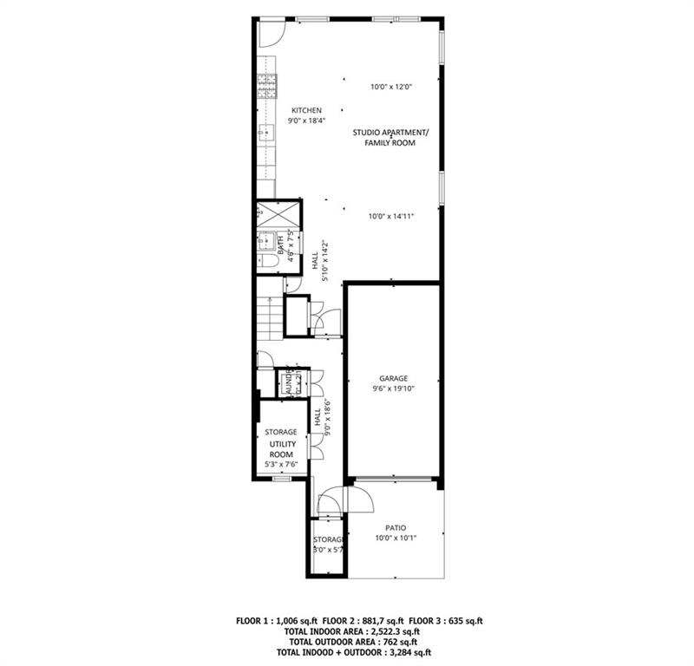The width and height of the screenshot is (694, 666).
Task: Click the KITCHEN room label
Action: [306, 110]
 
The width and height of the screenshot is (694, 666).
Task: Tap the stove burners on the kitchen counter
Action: [266, 84]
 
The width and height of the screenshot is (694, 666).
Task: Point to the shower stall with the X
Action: [277, 213]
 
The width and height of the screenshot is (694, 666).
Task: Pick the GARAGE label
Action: [393, 378]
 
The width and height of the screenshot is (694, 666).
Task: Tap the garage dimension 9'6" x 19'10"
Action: [393, 389]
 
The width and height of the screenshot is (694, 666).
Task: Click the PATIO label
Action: [395, 527]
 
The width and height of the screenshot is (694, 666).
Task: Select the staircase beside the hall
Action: [270, 316]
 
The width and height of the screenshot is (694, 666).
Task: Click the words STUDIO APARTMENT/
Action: [390, 132]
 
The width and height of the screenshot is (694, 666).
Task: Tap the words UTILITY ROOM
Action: [281, 449]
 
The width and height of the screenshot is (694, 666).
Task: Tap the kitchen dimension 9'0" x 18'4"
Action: [306, 121]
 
